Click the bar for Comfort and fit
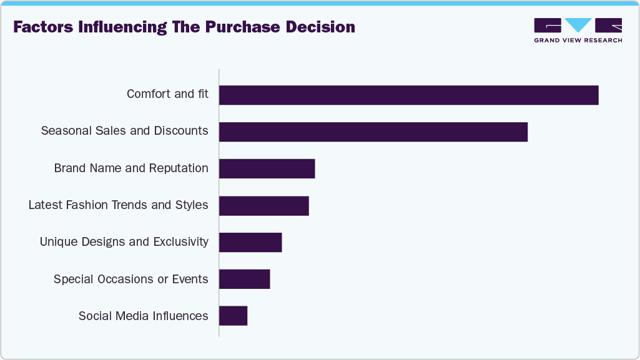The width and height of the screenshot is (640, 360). point(408,95)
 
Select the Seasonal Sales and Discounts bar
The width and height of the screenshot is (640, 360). point(373,132)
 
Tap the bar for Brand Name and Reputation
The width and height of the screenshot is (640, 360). point(267,169)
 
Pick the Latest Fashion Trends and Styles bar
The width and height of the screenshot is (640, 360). point(263,206)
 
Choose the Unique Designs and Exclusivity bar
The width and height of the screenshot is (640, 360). point(250,243)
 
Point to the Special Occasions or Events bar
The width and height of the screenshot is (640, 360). point(244,280)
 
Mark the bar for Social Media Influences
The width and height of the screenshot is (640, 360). point(233,316)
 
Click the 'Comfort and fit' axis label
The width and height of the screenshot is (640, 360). point(167,94)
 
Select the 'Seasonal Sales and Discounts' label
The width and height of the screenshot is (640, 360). point(124,131)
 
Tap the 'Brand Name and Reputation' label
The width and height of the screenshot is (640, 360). point(131,168)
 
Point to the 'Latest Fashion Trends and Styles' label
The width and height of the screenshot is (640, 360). point(118,205)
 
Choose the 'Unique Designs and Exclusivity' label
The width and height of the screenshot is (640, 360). point(124,242)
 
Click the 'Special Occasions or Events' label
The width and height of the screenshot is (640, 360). point(130,279)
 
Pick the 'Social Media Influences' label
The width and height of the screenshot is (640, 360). point(143,316)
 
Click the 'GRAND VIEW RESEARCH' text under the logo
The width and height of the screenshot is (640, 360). point(578,41)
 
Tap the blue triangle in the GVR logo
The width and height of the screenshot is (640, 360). point(578,25)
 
